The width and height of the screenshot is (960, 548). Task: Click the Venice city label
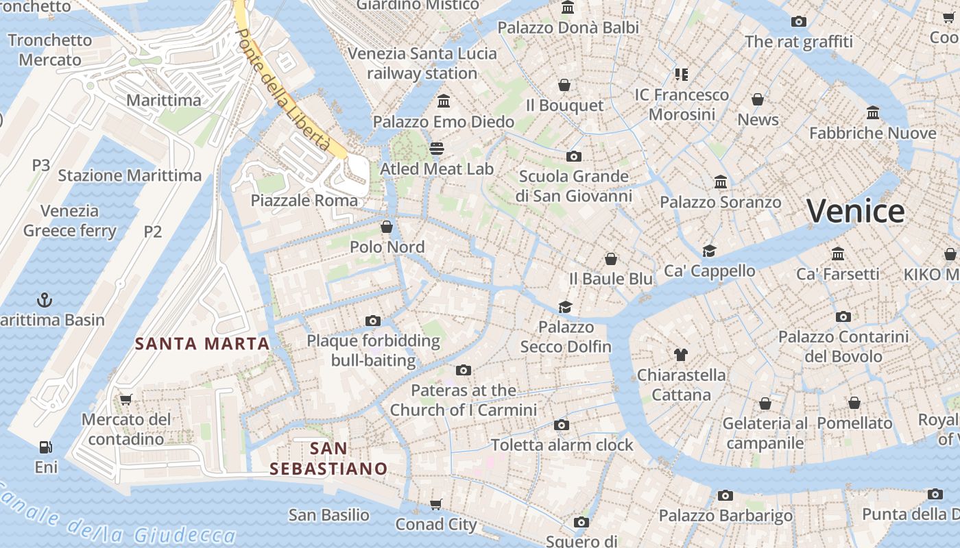pyautogui.click(x=855, y=211)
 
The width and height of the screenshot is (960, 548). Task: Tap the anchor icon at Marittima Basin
pyautogui.click(x=44, y=300)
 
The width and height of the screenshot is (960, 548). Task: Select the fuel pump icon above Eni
pyautogui.click(x=46, y=447)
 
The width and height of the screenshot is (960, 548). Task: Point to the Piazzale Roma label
pyautogui.click(x=304, y=201)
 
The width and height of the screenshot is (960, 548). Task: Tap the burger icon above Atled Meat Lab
pyautogui.click(x=437, y=149)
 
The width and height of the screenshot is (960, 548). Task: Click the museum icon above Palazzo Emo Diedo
pyautogui.click(x=444, y=101)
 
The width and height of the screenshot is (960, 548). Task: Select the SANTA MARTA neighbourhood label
pyautogui.click(x=202, y=344)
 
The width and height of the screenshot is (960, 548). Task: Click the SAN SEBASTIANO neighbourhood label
pyautogui.click(x=328, y=459)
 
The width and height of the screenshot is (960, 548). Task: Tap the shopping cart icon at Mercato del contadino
pyautogui.click(x=125, y=399)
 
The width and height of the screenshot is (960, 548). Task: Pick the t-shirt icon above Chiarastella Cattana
pyautogui.click(x=680, y=355)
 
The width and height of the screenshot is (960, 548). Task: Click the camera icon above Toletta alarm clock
pyautogui.click(x=561, y=425)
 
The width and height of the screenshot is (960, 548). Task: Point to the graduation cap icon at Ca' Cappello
pyautogui.click(x=709, y=251)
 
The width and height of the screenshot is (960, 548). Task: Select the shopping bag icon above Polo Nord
pyautogui.click(x=387, y=227)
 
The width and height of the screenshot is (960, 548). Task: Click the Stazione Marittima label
pyautogui.click(x=130, y=175)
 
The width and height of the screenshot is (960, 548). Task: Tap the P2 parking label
pyautogui.click(x=152, y=232)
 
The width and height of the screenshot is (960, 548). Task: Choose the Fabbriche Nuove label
pyautogui.click(x=872, y=133)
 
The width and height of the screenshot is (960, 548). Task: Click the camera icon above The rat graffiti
pyautogui.click(x=798, y=22)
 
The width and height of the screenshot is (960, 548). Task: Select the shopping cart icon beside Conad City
pyautogui.click(x=436, y=505)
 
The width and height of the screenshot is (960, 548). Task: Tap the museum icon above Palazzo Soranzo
pyautogui.click(x=720, y=182)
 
